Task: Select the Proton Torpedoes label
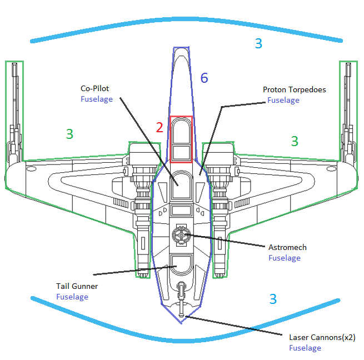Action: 294,89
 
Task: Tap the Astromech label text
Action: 287,247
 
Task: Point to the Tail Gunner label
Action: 77,286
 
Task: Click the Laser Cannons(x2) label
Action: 322,337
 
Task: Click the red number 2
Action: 159,128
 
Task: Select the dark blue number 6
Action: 204,78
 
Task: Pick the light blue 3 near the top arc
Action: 258,43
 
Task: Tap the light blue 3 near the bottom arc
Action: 272,299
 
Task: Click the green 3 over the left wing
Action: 69,134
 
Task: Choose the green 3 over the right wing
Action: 295,141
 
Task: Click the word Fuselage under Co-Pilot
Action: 97,99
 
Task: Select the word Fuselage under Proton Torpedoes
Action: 283,101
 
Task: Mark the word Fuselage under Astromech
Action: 285,258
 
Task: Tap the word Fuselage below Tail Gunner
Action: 72,297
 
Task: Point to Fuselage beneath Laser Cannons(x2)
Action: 305,348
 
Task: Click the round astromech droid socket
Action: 181,235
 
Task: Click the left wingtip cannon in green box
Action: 15,111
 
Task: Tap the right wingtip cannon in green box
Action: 348,111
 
